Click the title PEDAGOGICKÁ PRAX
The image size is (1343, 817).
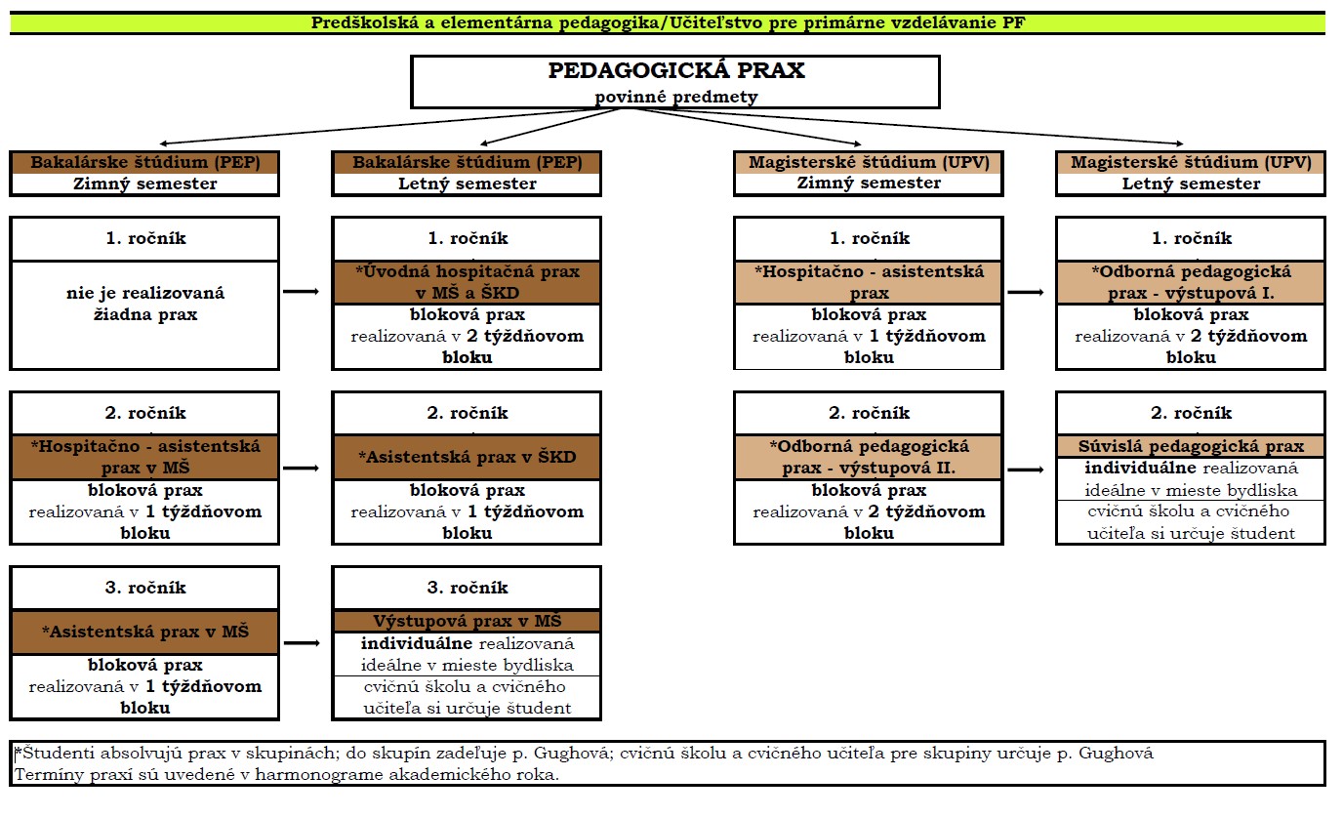point(675,71)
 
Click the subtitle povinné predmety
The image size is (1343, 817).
point(675,97)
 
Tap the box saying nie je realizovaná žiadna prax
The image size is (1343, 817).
point(145,304)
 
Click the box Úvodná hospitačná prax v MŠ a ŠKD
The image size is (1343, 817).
point(468,282)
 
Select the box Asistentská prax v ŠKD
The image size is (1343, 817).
point(468,457)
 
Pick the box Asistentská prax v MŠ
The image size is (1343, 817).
point(145,632)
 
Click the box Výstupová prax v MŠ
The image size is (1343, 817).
point(468,621)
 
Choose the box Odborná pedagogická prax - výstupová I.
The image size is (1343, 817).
point(1191,282)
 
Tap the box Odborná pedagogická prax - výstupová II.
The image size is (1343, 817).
point(869,457)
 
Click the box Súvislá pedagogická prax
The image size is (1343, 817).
point(1191,446)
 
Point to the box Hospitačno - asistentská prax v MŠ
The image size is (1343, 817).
point(145,457)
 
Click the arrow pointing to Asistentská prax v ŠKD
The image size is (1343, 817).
point(301,468)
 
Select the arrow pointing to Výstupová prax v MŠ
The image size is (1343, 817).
point(301,642)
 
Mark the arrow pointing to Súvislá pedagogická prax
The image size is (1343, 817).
point(1025,470)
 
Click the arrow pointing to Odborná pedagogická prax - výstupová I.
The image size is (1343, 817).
point(1025,292)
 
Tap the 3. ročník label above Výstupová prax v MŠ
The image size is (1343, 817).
point(468,588)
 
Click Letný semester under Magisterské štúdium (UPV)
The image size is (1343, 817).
point(1191,184)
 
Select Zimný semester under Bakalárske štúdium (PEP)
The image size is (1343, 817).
point(145,184)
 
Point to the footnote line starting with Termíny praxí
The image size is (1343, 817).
point(288,774)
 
